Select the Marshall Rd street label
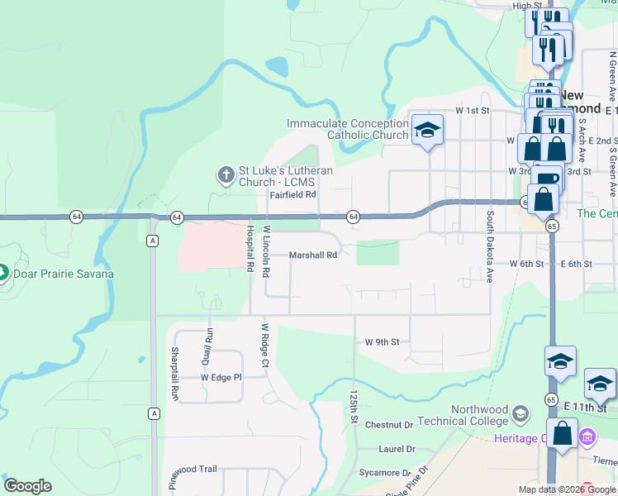point(313,255)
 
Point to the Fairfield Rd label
point(292,195)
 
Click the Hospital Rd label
point(249,248)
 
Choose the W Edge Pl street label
point(221,377)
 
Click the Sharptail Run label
point(175,374)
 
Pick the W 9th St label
point(382,341)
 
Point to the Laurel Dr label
point(397,449)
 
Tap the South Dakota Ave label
point(489,247)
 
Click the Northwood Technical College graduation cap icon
point(521,412)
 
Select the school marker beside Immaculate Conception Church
point(427,131)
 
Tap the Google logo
point(27,486)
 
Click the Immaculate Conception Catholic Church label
point(347,129)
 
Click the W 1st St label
point(473,110)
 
